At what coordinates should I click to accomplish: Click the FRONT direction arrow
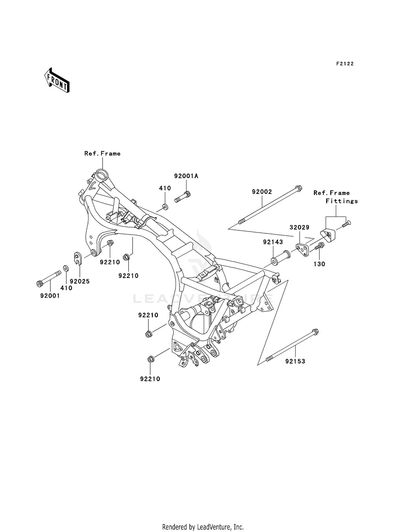[x=57, y=80]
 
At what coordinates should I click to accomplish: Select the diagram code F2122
[x=345, y=64]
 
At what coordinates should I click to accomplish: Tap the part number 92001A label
[x=186, y=176]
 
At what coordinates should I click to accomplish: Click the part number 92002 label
[x=262, y=192]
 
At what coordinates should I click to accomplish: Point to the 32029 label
[x=299, y=227]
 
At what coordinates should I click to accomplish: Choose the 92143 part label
[x=273, y=242]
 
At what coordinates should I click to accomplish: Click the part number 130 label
[x=319, y=264]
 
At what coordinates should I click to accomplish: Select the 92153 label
[x=295, y=361]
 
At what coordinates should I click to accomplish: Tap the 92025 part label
[x=80, y=281]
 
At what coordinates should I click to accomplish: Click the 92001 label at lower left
[x=50, y=296]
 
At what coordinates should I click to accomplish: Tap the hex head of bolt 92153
[x=315, y=331]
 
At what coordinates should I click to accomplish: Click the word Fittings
[x=342, y=201]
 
